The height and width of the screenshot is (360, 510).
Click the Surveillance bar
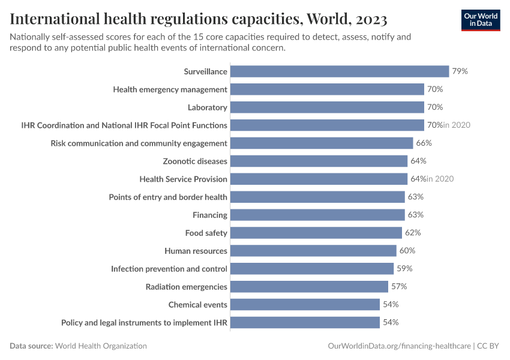coord(340,71)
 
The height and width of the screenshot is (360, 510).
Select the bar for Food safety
coord(316,233)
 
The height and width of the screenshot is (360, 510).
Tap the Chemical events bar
coord(305,304)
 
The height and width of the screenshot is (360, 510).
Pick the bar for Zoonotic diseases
coord(319,161)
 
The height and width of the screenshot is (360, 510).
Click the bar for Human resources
coord(313,251)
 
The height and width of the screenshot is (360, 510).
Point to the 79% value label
coord(460,71)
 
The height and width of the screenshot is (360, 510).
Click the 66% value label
coord(424,143)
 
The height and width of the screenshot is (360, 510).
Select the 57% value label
coord(399,287)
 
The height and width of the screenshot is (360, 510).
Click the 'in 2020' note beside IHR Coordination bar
coord(457,125)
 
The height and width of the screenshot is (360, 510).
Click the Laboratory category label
coord(207,107)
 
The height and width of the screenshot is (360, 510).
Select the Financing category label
coord(209,215)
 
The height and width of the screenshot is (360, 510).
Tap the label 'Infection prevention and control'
coord(169,269)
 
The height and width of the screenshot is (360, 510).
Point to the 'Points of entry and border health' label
coord(168,197)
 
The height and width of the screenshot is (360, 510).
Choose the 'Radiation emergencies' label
coord(186,287)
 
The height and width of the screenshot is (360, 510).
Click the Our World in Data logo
coord(480,20)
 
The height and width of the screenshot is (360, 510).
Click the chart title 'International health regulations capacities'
coord(198,19)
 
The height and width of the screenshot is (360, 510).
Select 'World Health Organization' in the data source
coord(101,346)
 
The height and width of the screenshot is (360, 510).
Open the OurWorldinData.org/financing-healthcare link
coord(399,346)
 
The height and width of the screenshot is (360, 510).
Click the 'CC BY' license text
coord(488,346)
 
